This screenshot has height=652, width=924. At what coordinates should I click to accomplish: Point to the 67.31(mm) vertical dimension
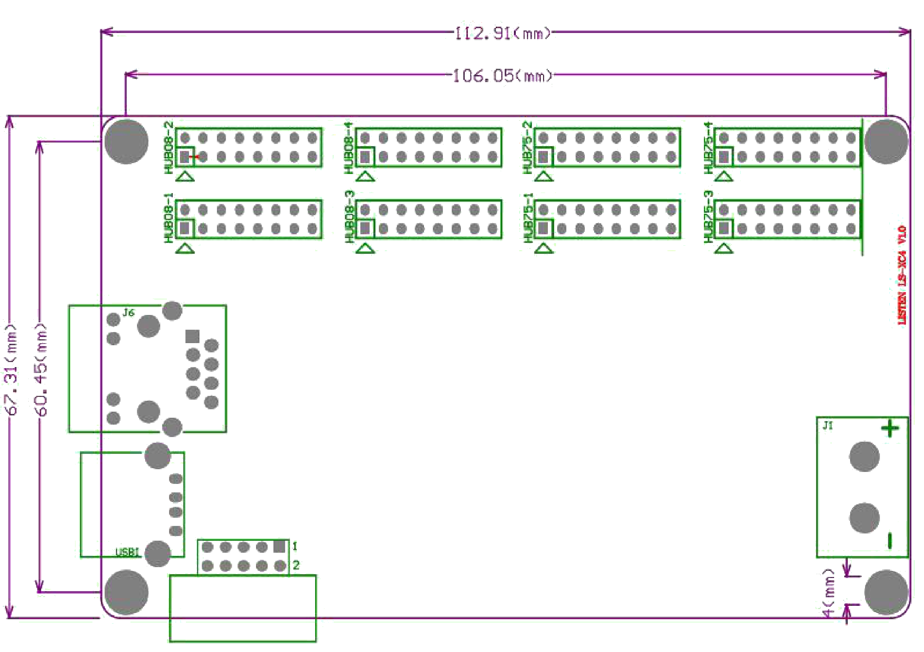pos(11,370)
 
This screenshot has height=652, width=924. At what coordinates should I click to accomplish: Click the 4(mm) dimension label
pos(828,593)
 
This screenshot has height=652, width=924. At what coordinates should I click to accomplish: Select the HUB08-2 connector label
pos(168,148)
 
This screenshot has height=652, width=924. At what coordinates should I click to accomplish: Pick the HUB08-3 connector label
pos(349,217)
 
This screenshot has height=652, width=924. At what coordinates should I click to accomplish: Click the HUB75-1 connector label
pos(528,217)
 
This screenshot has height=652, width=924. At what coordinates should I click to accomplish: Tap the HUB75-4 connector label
pos(708,148)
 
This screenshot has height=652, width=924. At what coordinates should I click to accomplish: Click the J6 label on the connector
pos(128,313)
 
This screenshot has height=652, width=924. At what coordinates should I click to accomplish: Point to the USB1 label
pos(127,552)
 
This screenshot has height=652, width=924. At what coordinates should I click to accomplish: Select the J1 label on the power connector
pos(828,425)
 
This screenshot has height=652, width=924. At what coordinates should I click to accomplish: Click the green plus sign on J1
pos(890,429)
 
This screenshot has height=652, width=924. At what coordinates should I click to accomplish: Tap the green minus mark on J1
pos(890,541)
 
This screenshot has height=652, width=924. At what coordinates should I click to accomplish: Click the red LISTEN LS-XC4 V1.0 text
pos(902,275)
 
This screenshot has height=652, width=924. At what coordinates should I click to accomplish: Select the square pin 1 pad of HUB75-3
pos(723,229)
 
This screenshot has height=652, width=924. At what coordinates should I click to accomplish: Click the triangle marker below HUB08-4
pos(365,176)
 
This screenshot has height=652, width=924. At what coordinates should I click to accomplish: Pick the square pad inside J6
pos(192,337)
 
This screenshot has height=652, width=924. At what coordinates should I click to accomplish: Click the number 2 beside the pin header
pos(296,566)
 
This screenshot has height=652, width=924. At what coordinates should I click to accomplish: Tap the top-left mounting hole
pos(127,141)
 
